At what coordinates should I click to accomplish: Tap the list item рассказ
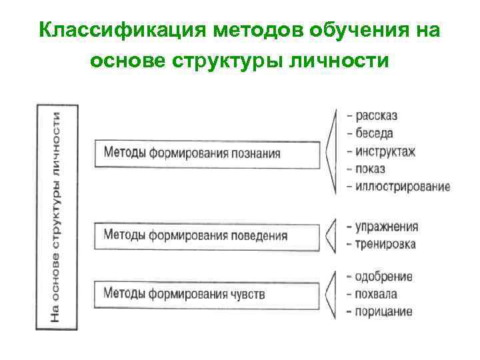tap(376, 116)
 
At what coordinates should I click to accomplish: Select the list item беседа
tap(374, 133)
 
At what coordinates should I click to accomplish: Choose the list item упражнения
tap(386, 226)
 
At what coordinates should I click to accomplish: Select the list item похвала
tap(376, 294)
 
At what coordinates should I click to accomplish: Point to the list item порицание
tap(383, 311)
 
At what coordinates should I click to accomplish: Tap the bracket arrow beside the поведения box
tap(329, 235)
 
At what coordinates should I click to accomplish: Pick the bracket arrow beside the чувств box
tap(330, 293)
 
